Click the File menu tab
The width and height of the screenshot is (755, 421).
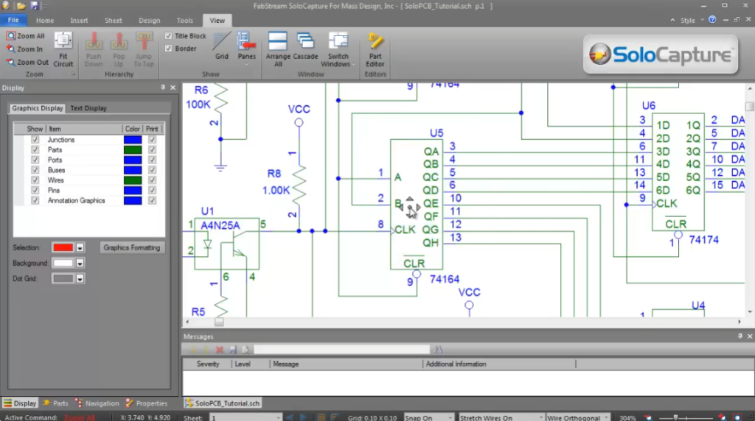(x=13, y=21)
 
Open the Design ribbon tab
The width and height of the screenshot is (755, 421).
(x=149, y=21)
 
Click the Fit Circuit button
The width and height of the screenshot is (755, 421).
(x=63, y=49)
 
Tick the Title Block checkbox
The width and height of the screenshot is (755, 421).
(x=169, y=36)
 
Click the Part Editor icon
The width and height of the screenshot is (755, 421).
(x=375, y=49)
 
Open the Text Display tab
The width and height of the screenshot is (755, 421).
(x=88, y=108)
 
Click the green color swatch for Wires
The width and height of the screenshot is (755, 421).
(x=133, y=180)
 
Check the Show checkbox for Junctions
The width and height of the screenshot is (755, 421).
(x=35, y=140)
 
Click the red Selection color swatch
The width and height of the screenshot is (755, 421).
(x=62, y=247)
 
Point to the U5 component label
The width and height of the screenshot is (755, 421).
(x=436, y=133)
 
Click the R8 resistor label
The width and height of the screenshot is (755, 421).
(x=274, y=174)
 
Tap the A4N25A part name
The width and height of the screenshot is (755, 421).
(x=221, y=225)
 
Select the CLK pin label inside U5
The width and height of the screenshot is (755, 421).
(x=405, y=230)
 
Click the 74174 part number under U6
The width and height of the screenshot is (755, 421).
(x=703, y=240)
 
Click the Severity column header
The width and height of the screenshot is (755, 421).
(x=208, y=364)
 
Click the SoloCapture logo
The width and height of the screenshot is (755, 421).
(x=660, y=54)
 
